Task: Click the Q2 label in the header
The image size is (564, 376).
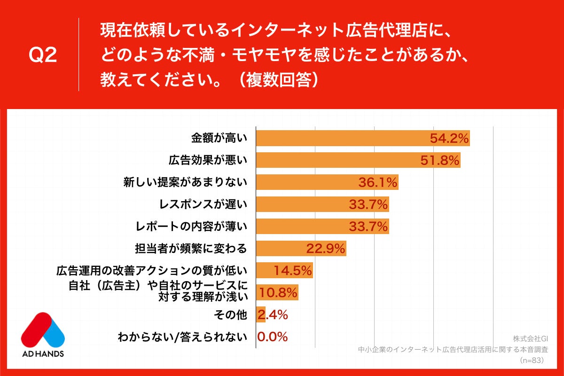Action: tap(43, 55)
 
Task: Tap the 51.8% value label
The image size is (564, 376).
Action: tap(439, 160)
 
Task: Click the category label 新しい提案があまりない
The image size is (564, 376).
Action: tap(185, 182)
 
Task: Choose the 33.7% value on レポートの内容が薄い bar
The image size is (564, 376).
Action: tap(368, 226)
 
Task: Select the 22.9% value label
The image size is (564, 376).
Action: tap(326, 248)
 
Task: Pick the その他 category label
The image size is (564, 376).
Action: tap(230, 315)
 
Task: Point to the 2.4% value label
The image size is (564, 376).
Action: tap(273, 314)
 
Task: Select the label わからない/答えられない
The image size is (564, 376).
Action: tap(182, 337)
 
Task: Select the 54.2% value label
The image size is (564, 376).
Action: tap(449, 138)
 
